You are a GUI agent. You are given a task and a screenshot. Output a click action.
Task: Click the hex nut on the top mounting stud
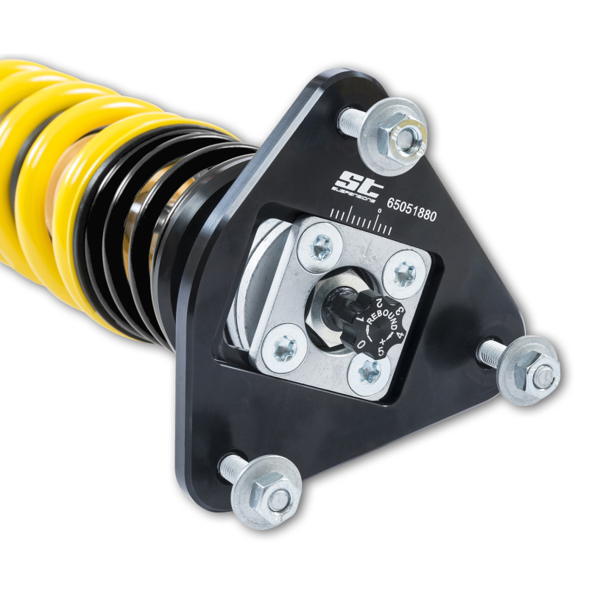[x=406, y=134]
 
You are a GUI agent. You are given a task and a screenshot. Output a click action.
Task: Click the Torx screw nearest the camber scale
[x=322, y=249]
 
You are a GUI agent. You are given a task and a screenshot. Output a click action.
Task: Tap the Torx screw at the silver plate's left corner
[x=283, y=345]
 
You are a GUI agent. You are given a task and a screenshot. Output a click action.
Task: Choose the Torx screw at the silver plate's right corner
[x=404, y=273]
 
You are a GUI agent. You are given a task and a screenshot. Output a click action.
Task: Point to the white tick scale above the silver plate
[x=361, y=221]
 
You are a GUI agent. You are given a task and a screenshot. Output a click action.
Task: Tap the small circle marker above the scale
[x=378, y=211]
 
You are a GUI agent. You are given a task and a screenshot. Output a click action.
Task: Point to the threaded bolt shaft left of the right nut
[x=491, y=354]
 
